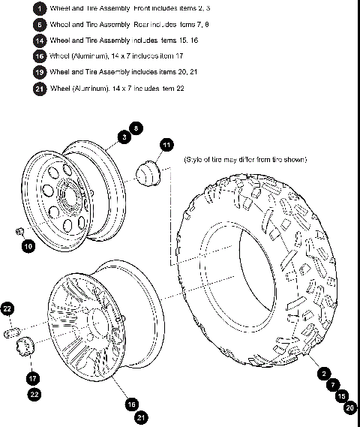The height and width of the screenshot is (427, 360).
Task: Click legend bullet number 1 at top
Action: click(40, 8)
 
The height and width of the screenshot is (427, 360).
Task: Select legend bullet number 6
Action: click(40, 24)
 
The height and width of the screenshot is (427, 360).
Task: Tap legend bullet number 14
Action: click(40, 40)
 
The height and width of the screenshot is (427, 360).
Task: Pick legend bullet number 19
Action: click(40, 72)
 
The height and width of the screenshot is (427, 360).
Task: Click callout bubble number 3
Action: click(123, 138)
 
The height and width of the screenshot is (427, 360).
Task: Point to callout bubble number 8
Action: click(136, 128)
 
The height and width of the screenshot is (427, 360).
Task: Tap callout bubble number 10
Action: click(28, 245)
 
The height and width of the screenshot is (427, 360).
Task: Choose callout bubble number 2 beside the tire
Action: click(323, 373)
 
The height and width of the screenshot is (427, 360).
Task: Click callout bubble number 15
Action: click(341, 396)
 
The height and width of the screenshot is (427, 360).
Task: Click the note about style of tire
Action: click(245, 160)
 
